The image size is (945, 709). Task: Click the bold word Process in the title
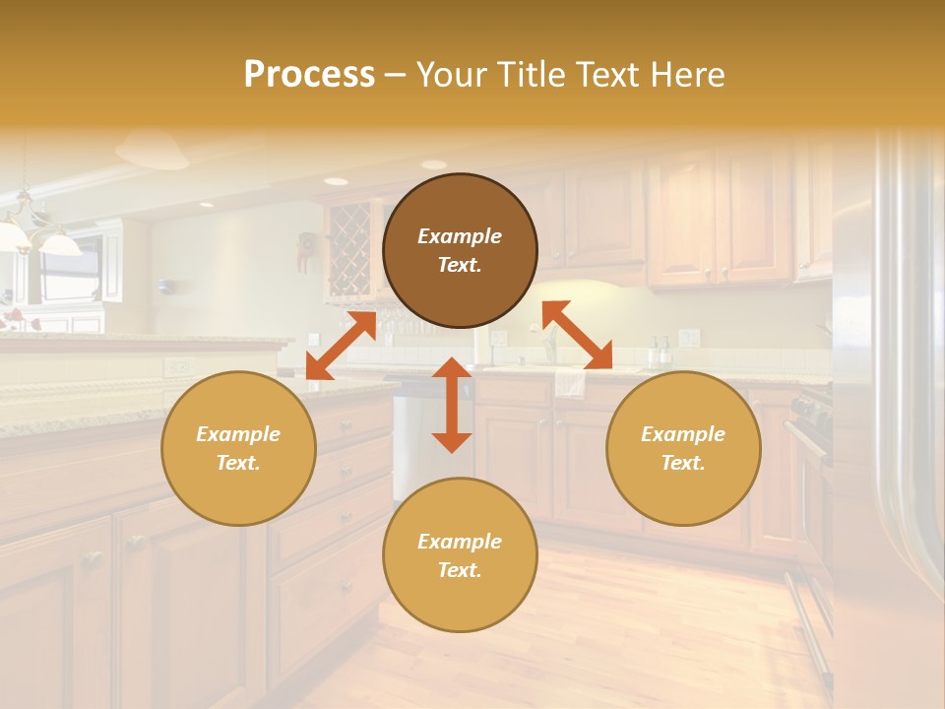click(x=309, y=75)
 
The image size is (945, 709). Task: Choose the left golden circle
click(x=238, y=448)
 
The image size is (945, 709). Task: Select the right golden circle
click(x=683, y=448)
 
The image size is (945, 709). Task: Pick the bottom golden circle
click(x=460, y=554)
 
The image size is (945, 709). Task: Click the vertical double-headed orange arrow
click(x=452, y=405)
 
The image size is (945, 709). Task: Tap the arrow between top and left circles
click(x=341, y=345)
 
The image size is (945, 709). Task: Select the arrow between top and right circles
click(x=577, y=335)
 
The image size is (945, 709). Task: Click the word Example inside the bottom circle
click(x=460, y=541)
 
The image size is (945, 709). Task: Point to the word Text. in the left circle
click(x=238, y=463)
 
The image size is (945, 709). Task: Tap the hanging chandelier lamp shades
click(x=39, y=236)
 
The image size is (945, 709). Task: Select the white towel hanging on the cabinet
click(x=570, y=382)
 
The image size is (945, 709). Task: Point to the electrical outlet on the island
click(x=178, y=367)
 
